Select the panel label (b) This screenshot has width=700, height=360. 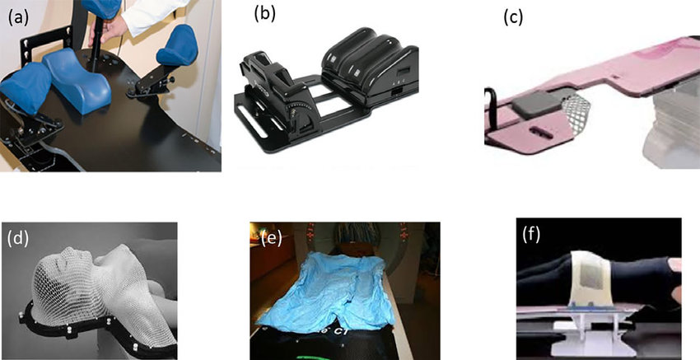(264, 14)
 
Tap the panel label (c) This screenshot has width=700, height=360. (513, 17)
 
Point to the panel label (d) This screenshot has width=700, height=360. (18, 239)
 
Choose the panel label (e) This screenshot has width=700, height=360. (272, 239)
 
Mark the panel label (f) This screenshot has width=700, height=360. (531, 236)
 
